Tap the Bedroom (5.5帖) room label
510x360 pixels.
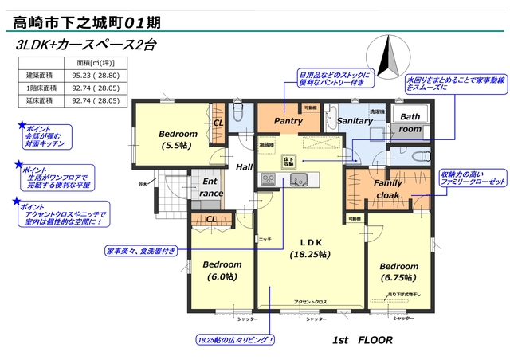[x=178, y=139]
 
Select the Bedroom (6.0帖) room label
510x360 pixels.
[x=222, y=270]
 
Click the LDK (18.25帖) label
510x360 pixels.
[x=309, y=248]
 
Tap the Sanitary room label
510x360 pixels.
[x=355, y=121]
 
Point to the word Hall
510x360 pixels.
[x=244, y=166]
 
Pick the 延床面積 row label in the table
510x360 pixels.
[x=40, y=101]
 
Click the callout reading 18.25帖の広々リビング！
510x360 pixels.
[x=235, y=340]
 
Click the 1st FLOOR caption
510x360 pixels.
[x=363, y=339]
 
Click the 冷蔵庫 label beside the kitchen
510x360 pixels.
[x=266, y=144]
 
